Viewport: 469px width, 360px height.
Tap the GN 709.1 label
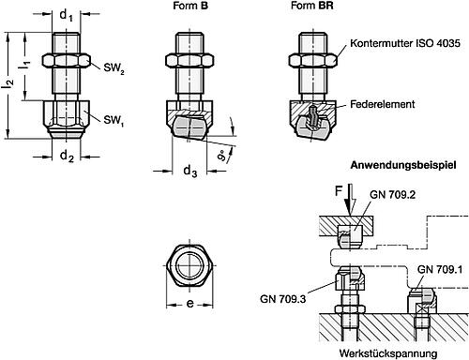[x=437, y=269]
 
